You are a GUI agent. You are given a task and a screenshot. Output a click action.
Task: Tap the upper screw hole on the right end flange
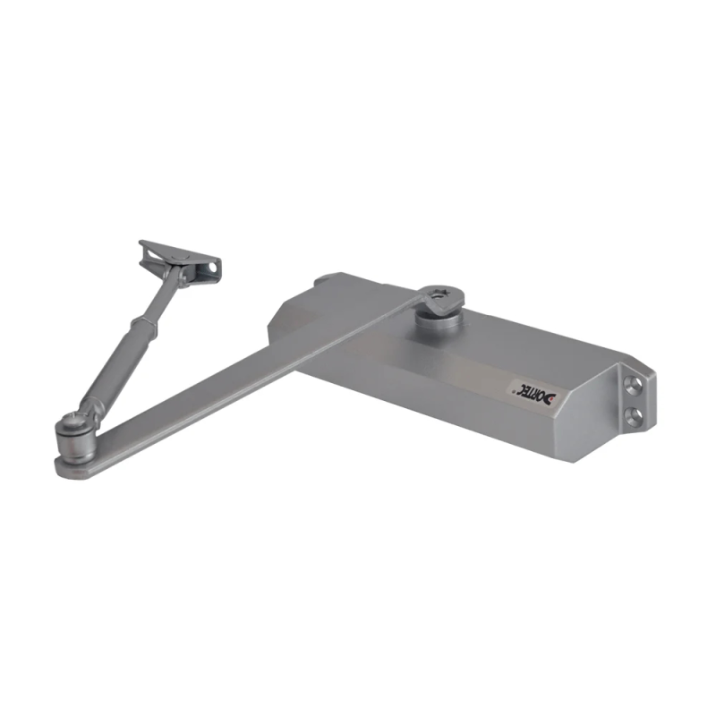[634, 386]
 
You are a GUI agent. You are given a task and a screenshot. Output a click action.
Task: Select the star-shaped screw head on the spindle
[441, 296]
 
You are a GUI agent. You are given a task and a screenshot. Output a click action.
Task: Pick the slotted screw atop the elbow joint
[71, 421]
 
